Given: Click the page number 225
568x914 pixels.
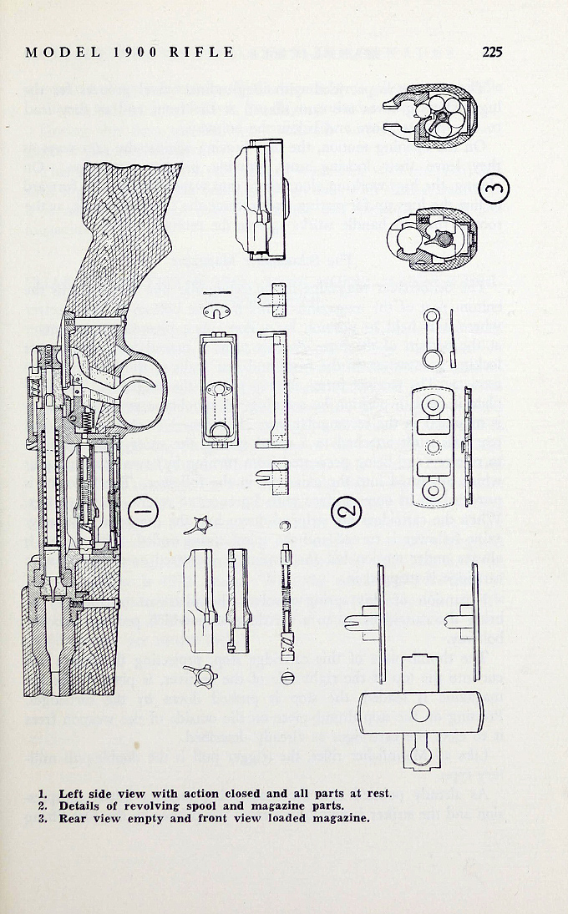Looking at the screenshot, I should click(491, 52).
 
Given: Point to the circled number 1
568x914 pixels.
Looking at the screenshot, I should click(145, 508).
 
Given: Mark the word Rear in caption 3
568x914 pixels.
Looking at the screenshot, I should click(74, 818).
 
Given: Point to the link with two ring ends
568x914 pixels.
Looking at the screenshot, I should click(433, 336).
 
